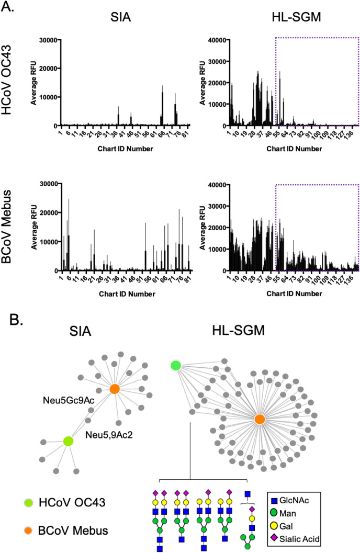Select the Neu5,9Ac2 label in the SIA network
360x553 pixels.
106,434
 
